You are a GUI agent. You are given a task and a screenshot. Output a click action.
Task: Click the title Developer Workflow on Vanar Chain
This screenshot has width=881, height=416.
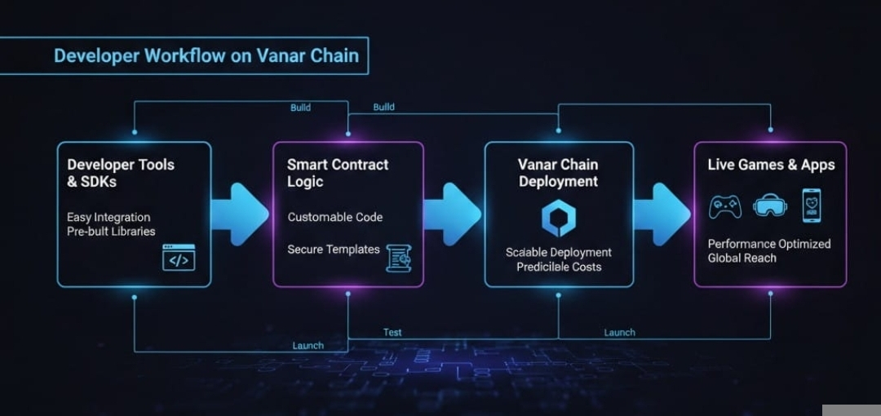click(x=206, y=55)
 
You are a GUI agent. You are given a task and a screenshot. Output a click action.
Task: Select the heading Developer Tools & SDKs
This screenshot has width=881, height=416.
click(x=121, y=173)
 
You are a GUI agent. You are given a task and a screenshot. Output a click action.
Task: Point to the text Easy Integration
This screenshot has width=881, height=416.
click(x=108, y=218)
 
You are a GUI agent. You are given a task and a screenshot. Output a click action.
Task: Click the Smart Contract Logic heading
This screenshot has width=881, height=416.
click(x=337, y=173)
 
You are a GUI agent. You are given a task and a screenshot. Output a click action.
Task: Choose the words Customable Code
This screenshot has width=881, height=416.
click(x=334, y=218)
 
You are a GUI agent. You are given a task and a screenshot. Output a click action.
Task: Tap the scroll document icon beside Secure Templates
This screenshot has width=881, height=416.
click(x=398, y=257)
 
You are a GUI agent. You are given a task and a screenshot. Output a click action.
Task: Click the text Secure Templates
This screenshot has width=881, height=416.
click(x=333, y=250)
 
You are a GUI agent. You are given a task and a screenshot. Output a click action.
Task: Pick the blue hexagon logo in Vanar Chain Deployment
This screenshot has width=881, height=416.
click(x=559, y=219)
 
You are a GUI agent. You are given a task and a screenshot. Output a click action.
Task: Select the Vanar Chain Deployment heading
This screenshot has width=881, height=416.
click(x=558, y=173)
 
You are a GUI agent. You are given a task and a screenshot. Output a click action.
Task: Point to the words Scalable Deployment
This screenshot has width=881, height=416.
click(x=559, y=253)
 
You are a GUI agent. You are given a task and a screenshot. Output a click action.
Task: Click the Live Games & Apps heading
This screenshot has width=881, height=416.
click(x=771, y=165)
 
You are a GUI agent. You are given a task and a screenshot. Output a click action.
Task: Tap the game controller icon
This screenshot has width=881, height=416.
click(x=725, y=206)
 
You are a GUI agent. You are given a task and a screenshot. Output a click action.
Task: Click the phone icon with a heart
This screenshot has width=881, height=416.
click(x=812, y=206)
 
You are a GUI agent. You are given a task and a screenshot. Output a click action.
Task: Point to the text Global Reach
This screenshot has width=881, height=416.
click(x=742, y=258)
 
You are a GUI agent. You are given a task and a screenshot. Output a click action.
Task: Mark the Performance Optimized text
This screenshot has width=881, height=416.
click(x=768, y=244)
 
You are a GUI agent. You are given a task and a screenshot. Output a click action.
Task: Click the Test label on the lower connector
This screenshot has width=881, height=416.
click(x=392, y=332)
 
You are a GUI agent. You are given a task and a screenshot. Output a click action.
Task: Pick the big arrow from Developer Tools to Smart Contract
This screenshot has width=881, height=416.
click(x=241, y=214)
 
